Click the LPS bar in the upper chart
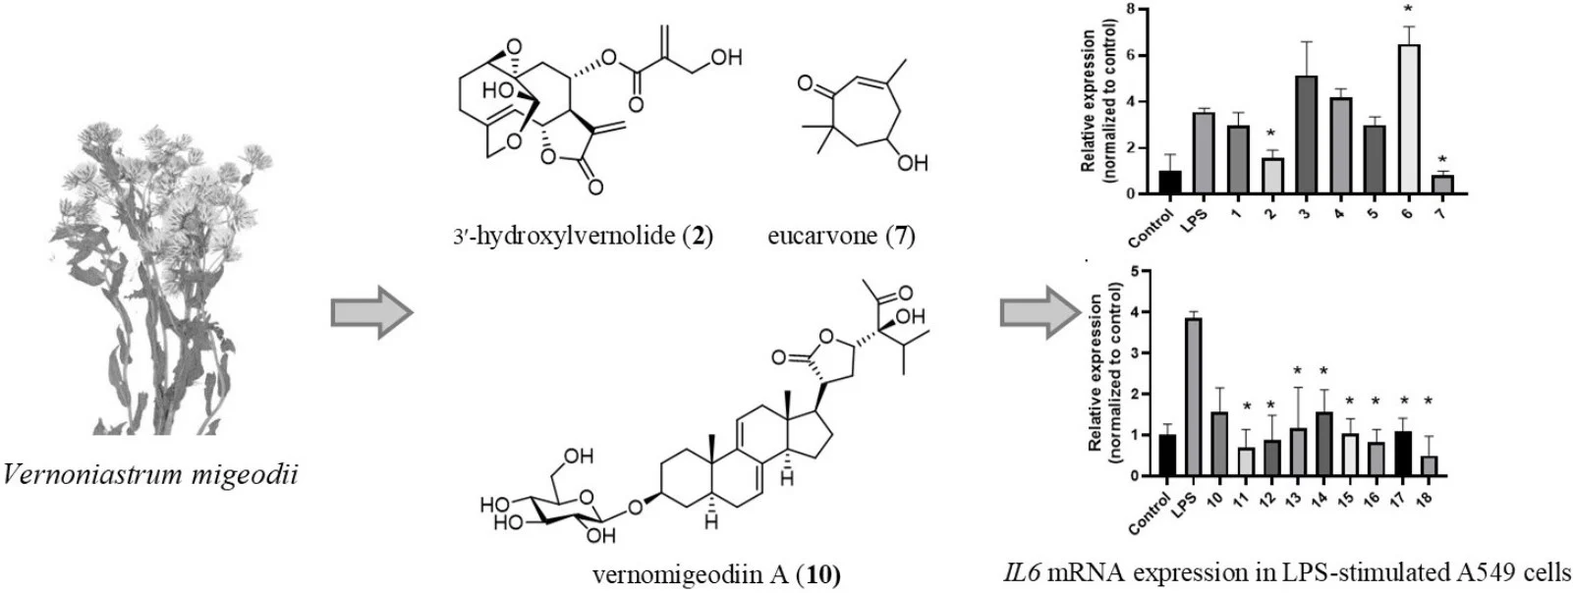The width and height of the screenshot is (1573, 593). click(1204, 153)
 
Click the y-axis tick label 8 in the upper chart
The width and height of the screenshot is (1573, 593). click(1132, 10)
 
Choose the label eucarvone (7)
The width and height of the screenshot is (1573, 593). click(842, 237)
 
